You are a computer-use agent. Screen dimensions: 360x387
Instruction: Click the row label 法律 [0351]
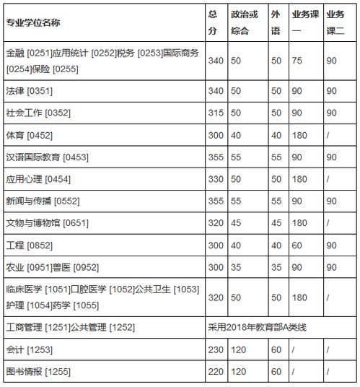[x=29, y=91]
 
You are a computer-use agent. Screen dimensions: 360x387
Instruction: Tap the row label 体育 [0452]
[x=29, y=135]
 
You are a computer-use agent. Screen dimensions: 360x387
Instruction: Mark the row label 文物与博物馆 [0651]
[x=46, y=222]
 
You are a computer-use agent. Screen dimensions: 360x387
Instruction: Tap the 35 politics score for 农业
[x=236, y=266]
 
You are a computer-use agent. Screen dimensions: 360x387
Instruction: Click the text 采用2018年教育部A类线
[x=258, y=327]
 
